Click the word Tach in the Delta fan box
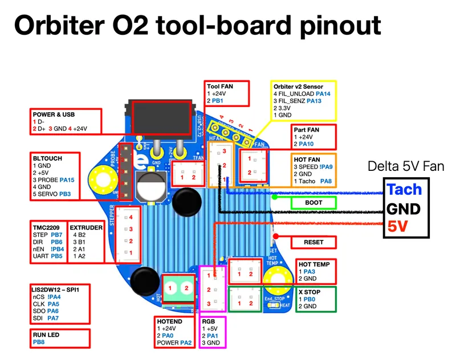click(404, 190)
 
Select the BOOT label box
click(313, 203)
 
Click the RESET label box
click(314, 242)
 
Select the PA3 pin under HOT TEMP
click(309, 272)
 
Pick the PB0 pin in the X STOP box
click(309, 298)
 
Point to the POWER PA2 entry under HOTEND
click(174, 343)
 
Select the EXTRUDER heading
click(86, 227)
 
